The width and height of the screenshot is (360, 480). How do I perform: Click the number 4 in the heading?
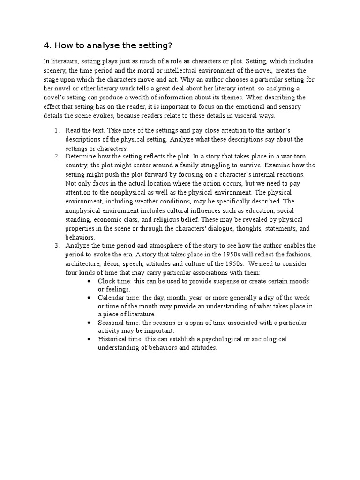46,45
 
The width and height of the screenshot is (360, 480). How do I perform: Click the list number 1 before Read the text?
57,130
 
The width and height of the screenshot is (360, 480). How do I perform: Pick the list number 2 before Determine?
57,156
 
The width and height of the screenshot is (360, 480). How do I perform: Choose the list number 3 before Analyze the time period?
57,246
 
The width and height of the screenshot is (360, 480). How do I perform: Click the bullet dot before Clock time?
90,281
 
